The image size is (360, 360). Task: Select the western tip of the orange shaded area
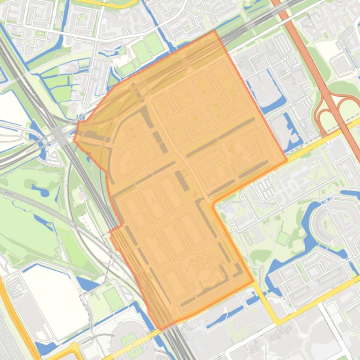click(x=74, y=139)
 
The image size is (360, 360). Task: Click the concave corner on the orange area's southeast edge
click(x=213, y=204)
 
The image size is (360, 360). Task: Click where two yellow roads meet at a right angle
click(x=278, y=323)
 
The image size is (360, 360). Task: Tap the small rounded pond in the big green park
click(x=43, y=191)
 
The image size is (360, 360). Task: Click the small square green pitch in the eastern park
click(x=282, y=238)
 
